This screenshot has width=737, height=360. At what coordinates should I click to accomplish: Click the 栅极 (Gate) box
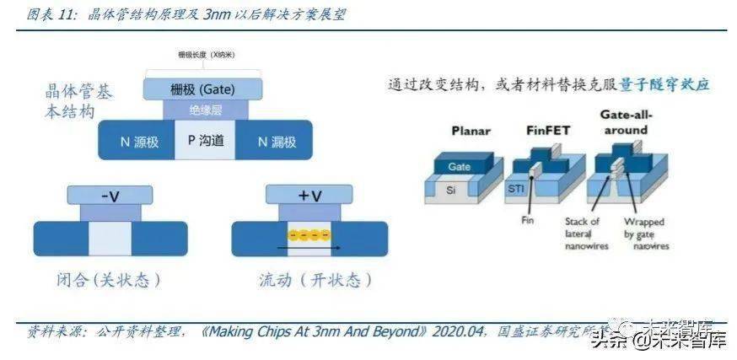point(202,89)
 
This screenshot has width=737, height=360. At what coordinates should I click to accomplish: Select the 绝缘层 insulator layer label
point(205,109)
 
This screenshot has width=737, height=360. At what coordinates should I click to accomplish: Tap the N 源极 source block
point(135,142)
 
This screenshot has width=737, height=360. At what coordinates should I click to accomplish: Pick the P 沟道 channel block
point(205,141)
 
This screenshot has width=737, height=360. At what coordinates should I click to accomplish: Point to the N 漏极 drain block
point(277,142)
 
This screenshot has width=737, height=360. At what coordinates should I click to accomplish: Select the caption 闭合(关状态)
point(105,278)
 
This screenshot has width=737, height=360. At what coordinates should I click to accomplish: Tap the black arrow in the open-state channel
point(311,248)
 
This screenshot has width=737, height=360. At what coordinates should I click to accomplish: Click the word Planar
point(471,132)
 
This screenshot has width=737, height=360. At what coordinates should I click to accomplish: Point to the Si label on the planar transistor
point(451,191)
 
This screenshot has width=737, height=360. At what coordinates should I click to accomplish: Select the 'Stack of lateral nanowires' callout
point(582,234)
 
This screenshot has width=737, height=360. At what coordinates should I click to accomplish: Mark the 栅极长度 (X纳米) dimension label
point(205,54)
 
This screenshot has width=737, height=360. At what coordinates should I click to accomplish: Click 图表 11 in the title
point(47,14)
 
